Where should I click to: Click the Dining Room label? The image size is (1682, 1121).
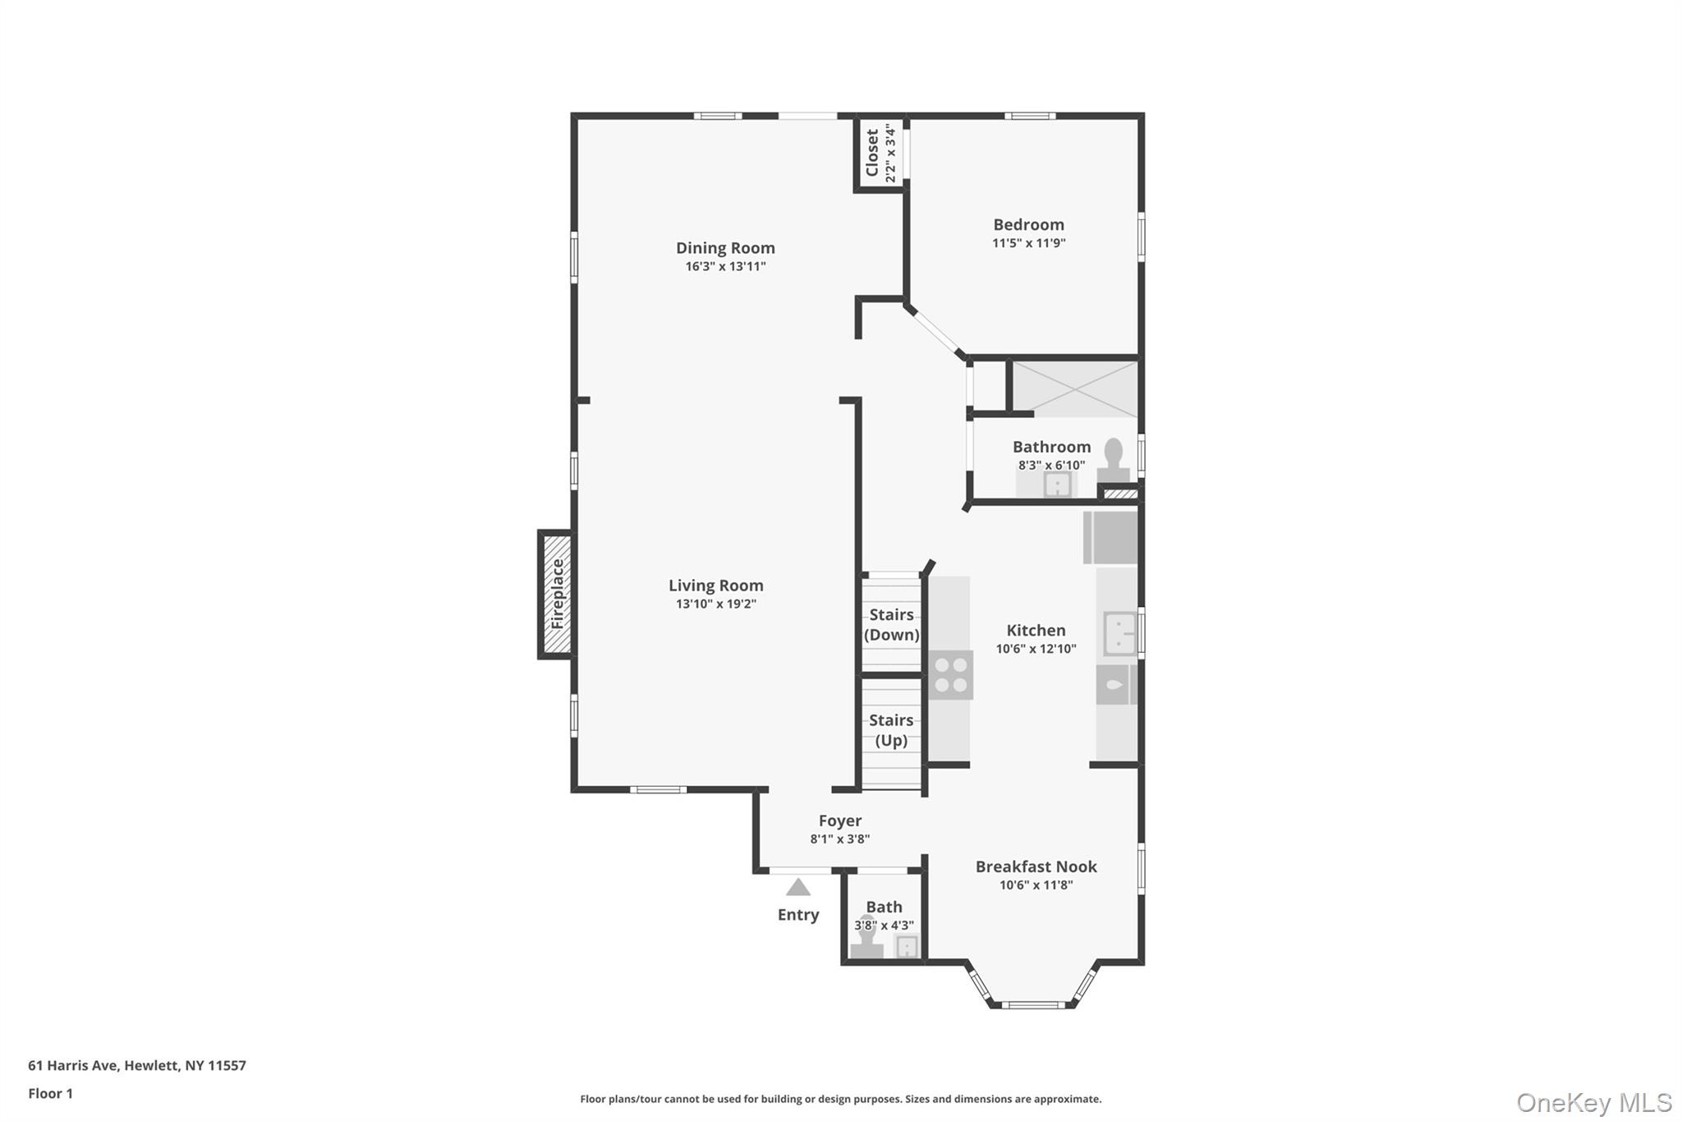(725, 248)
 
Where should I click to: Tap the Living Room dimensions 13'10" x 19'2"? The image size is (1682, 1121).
(715, 604)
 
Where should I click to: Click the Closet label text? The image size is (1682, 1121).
(872, 153)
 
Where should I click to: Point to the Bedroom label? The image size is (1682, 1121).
(1028, 225)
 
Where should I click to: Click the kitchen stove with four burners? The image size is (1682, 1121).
(951, 675)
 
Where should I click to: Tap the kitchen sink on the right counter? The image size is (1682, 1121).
(1119, 633)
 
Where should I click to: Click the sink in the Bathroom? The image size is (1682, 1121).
(1057, 486)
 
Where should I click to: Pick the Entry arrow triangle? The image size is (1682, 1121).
(798, 888)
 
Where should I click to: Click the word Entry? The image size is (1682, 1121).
(798, 915)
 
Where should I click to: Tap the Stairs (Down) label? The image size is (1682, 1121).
(891, 624)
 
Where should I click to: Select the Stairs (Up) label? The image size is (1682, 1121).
(891, 730)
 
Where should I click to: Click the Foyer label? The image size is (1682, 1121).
(840, 820)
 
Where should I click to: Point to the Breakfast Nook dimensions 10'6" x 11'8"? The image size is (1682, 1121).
(1036, 885)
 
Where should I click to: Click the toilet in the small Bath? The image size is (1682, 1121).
(866, 941)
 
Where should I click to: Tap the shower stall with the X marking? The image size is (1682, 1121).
(1074, 388)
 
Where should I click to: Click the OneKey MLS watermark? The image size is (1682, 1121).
(1594, 1102)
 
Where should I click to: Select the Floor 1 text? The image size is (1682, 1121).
(51, 1094)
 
